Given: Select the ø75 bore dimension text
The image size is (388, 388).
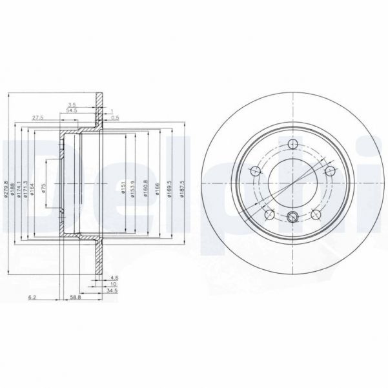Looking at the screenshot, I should point(44,188).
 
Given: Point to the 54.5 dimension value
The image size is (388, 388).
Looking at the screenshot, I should point(72,111).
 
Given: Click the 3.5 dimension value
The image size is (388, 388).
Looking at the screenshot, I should point(72,104).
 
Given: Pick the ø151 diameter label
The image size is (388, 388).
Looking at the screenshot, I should point(123,189).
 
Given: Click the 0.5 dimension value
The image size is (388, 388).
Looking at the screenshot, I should point(115,117).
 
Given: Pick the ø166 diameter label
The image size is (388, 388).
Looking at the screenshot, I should point(156,189).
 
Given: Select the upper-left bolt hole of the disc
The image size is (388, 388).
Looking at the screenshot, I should point(254,171).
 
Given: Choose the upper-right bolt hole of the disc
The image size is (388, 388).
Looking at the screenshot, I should point(330,171).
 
